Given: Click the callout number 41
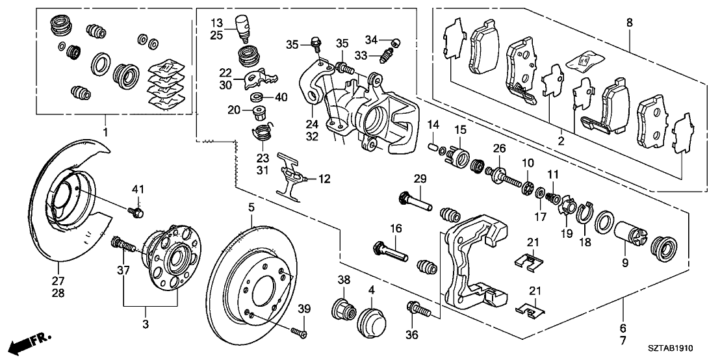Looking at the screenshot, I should coord(136,188).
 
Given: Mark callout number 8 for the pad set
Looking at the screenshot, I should coord(628,23).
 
